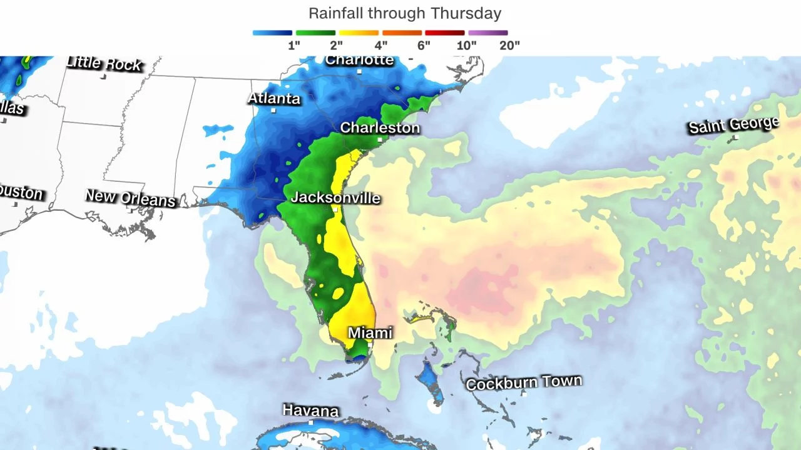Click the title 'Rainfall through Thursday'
[x=405, y=13]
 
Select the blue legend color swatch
[x=272, y=32]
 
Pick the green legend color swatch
[x=315, y=32]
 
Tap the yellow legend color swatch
[x=359, y=32]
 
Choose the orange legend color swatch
[x=402, y=32]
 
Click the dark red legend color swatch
[x=445, y=32]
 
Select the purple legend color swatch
[x=488, y=32]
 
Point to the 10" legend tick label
[x=466, y=45]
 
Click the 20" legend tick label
[x=509, y=45]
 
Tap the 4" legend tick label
[x=380, y=45]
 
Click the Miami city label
[x=370, y=332]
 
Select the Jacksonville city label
[x=335, y=197]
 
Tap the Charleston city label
[x=380, y=127]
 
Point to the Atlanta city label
[x=274, y=98]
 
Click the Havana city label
[x=310, y=411]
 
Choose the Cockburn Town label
[x=524, y=382]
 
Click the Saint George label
[x=733, y=125]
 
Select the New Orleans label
[x=130, y=197]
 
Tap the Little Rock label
[x=104, y=63]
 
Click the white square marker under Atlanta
[x=273, y=111]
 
